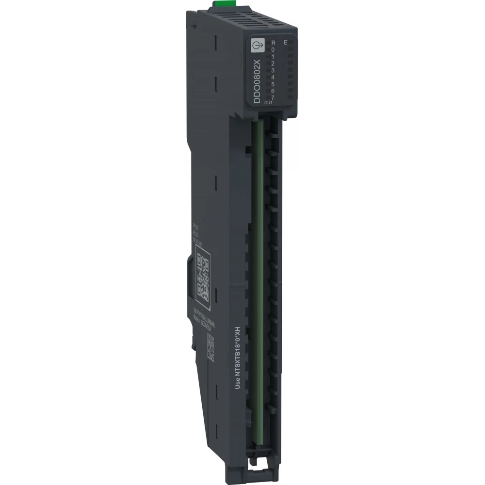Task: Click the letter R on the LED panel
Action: [274, 43]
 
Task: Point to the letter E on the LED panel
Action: [286, 43]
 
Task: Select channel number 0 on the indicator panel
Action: [274, 49]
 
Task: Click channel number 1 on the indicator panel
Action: [274, 56]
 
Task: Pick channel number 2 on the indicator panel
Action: [274, 63]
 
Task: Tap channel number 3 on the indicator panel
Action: [274, 70]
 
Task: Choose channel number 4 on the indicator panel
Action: [274, 77]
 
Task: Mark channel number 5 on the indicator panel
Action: [274, 83]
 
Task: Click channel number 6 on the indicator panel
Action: [274, 90]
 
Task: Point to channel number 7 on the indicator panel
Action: [274, 97]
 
